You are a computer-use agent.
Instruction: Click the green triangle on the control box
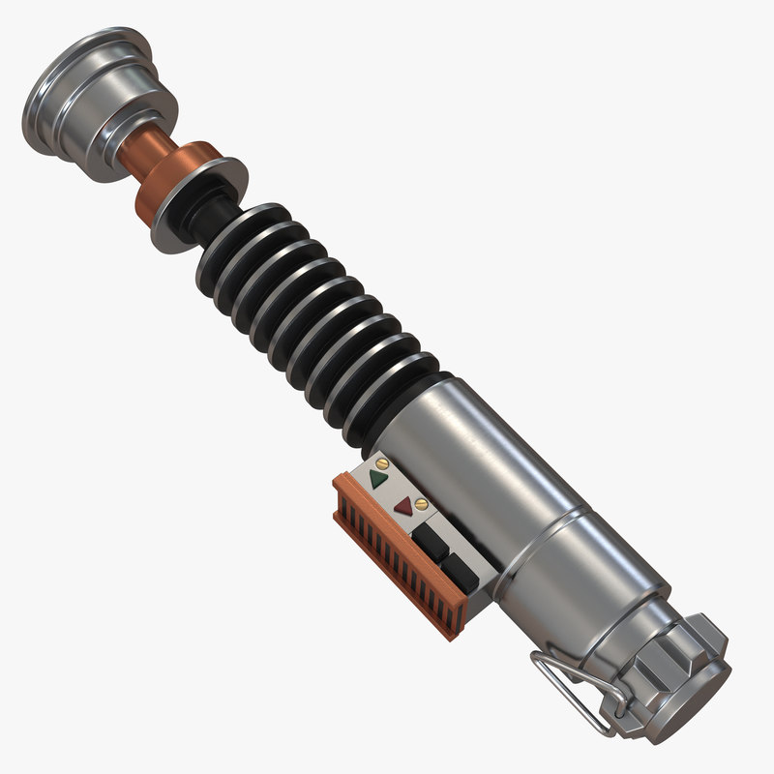point(378,478)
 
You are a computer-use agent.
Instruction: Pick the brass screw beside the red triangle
point(421,503)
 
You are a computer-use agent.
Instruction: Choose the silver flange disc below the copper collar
point(198,208)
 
